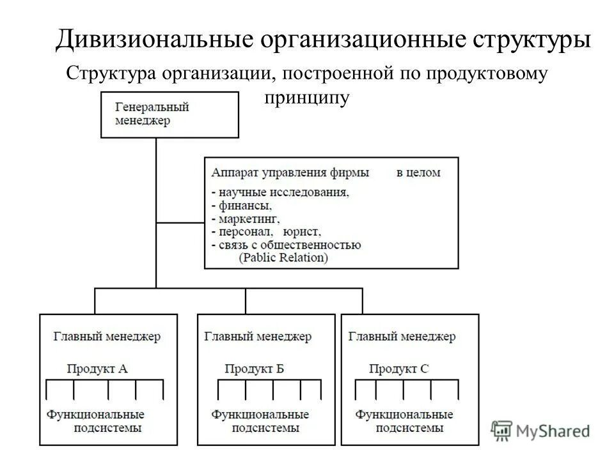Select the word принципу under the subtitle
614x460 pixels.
coord(306,97)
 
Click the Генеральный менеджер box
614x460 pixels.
coord(169,114)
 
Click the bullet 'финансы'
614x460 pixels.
coord(244,206)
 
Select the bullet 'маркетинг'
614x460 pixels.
coord(248,218)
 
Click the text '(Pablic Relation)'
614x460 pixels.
coord(282,257)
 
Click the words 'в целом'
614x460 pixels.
coord(418,172)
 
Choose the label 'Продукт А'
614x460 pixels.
coord(97,368)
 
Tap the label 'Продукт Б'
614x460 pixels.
coord(255,369)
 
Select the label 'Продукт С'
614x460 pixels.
coord(398,369)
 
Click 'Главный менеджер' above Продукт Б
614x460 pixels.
coord(258,336)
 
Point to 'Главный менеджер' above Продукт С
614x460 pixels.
coord(402,336)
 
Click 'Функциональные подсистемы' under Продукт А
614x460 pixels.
coord(95,422)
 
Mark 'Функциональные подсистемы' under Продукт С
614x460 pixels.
coord(405,422)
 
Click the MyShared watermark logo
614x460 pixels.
coord(541,431)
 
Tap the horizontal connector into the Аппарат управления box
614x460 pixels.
coord(180,222)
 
